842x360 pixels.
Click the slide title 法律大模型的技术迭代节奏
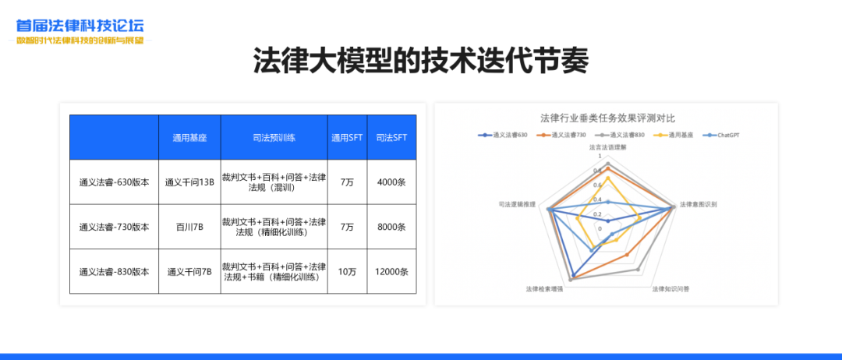(420, 61)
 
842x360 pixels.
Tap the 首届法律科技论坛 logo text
(80, 26)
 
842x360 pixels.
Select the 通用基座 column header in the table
(189, 138)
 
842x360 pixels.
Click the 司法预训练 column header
(274, 138)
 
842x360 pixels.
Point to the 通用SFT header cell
(347, 138)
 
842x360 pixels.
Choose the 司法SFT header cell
(391, 138)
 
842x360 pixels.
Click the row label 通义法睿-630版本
(114, 183)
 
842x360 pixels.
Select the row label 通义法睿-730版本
(114, 228)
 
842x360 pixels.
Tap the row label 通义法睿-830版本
(114, 272)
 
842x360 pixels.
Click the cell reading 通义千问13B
(189, 183)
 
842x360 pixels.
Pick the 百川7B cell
(189, 228)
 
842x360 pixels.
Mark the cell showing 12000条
(391, 272)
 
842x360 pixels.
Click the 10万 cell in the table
(347, 272)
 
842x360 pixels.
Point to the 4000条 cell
(391, 183)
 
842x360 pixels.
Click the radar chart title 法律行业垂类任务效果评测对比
(607, 118)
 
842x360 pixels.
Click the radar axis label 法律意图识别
(698, 204)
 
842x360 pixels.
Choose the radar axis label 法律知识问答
(670, 289)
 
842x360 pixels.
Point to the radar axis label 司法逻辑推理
(517, 204)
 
